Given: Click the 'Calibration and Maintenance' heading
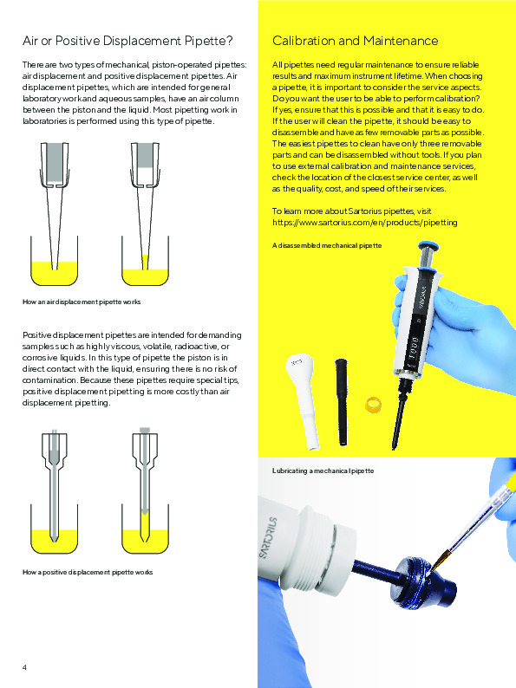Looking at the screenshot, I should click(x=355, y=41).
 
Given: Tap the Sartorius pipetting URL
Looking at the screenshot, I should click(x=364, y=223).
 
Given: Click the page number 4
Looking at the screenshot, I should click(x=24, y=666).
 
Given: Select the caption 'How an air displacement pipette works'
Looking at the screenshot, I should click(x=81, y=302).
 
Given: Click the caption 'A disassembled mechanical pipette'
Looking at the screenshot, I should click(x=327, y=246).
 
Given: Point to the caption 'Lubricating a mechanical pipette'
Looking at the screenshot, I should click(x=323, y=470).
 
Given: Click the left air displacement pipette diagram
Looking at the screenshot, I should click(x=53, y=217).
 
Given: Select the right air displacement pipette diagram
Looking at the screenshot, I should click(x=143, y=217).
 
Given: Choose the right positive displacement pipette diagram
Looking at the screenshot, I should click(x=144, y=490).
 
